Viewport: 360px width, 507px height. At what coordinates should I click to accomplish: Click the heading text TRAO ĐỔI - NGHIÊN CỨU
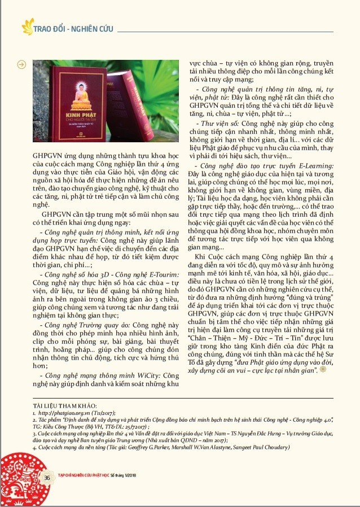tap(66, 27)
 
